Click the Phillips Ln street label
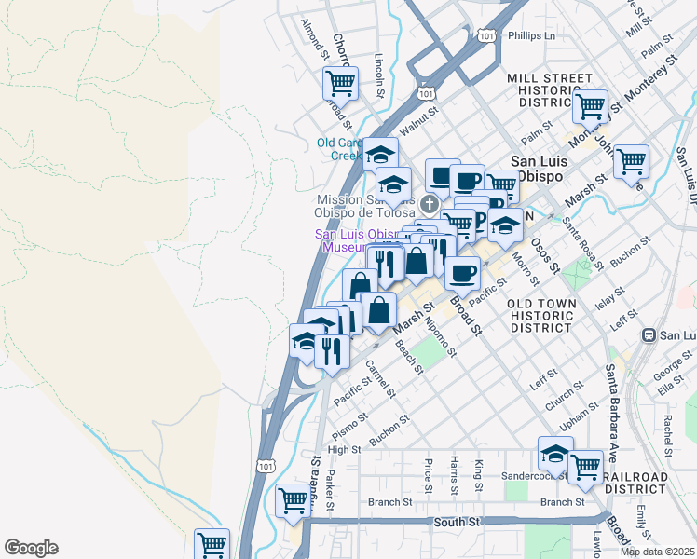[x=531, y=36]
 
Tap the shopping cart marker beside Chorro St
[x=340, y=84]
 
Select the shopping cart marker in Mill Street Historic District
[x=590, y=106]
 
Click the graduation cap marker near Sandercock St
[x=555, y=454]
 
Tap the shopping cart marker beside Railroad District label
[x=586, y=467]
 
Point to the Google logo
[x=31, y=548]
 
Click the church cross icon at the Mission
[x=430, y=203]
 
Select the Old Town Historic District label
[x=540, y=316]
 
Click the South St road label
[x=456, y=524]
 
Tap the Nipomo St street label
[x=440, y=337]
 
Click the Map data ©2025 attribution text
[x=657, y=552]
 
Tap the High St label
[x=344, y=449]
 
